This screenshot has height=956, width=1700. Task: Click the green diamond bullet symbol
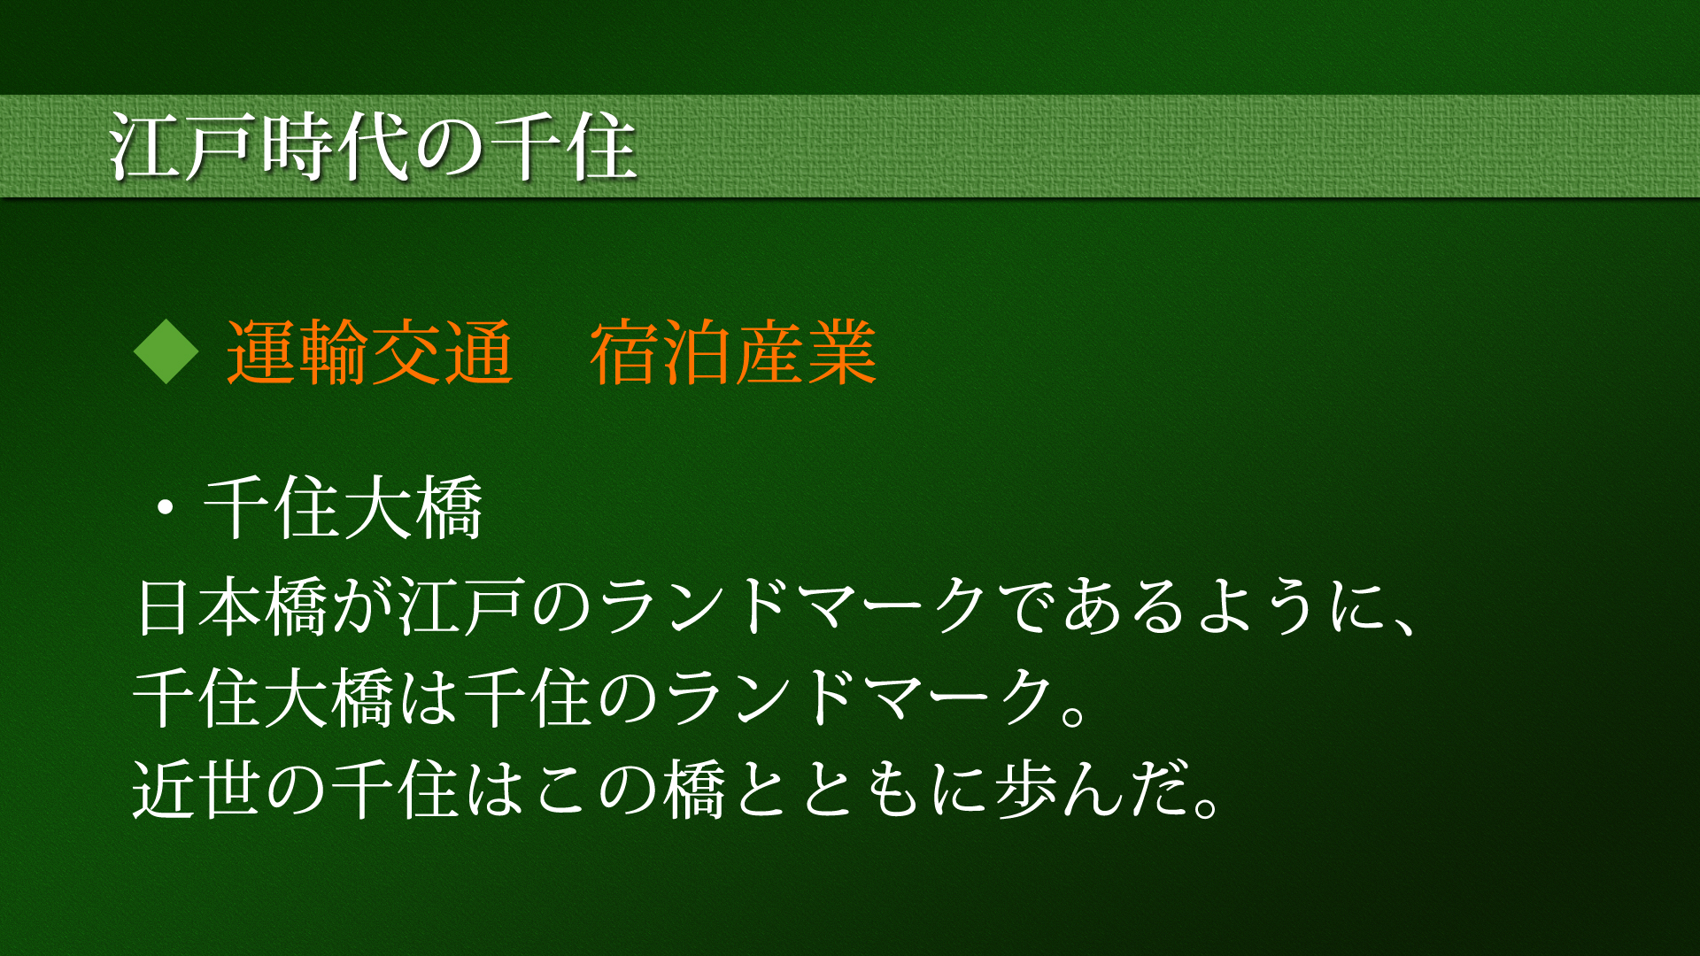pos(166,352)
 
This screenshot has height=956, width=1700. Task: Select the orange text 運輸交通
pos(370,352)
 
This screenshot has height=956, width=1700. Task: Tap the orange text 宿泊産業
pos(733,352)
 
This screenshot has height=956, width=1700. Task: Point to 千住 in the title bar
pos(563,146)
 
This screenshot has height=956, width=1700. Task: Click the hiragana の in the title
pos(450,148)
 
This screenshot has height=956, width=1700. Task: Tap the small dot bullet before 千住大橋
pos(165,509)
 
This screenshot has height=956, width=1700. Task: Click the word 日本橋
pos(233,606)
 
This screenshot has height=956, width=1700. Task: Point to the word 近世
pos(198,789)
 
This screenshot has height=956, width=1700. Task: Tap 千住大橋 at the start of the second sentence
pos(264,698)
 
